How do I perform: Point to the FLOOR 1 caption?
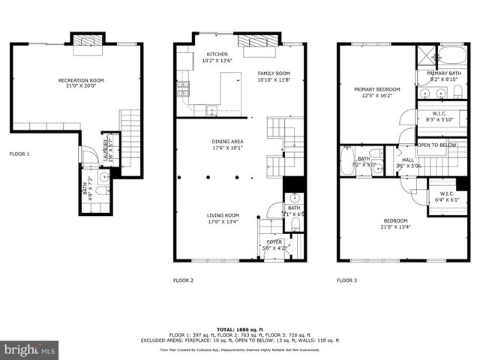[19, 154]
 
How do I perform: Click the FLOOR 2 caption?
[184, 280]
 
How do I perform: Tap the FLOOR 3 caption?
[346, 280]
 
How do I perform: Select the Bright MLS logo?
[30, 349]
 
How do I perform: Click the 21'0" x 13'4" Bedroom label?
[392, 223]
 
